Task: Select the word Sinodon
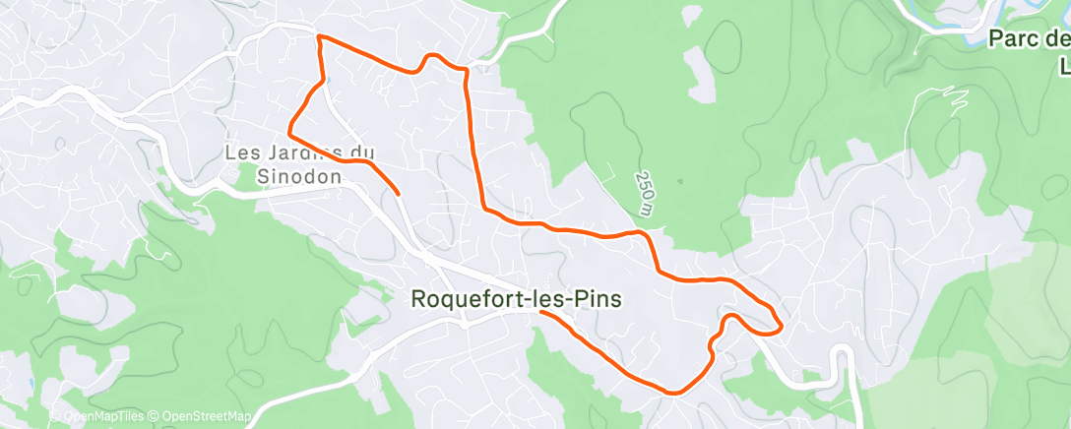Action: tap(298, 176)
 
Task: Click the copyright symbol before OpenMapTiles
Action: tap(55, 417)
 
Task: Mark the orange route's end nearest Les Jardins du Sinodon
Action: tap(398, 194)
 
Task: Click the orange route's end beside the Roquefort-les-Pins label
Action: tap(541, 315)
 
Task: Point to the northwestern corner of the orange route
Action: tap(317, 36)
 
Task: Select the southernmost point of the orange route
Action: tap(673, 393)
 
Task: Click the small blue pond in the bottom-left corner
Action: tap(31, 383)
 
